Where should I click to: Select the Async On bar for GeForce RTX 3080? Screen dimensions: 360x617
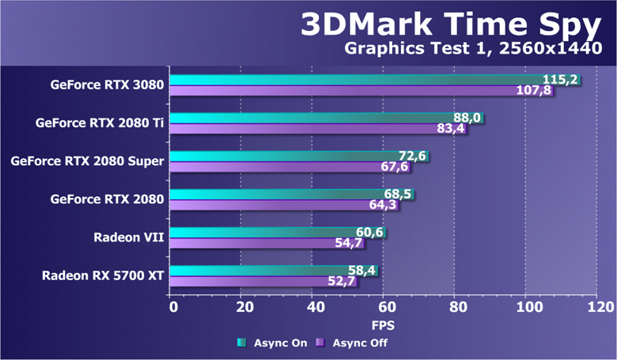click(x=356, y=80)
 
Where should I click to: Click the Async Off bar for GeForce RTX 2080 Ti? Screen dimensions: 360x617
click(x=305, y=129)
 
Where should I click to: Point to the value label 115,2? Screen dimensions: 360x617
click(x=560, y=80)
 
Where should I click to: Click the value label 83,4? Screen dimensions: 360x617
click(x=451, y=129)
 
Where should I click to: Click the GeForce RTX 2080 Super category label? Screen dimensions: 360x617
click(x=87, y=161)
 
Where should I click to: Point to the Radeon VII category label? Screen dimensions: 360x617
click(x=128, y=237)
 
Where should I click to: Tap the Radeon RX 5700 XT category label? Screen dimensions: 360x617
click(x=103, y=276)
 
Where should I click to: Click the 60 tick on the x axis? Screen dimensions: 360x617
click(x=385, y=307)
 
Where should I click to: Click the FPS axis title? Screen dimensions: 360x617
click(x=383, y=325)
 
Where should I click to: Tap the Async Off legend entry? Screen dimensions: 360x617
click(x=352, y=343)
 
